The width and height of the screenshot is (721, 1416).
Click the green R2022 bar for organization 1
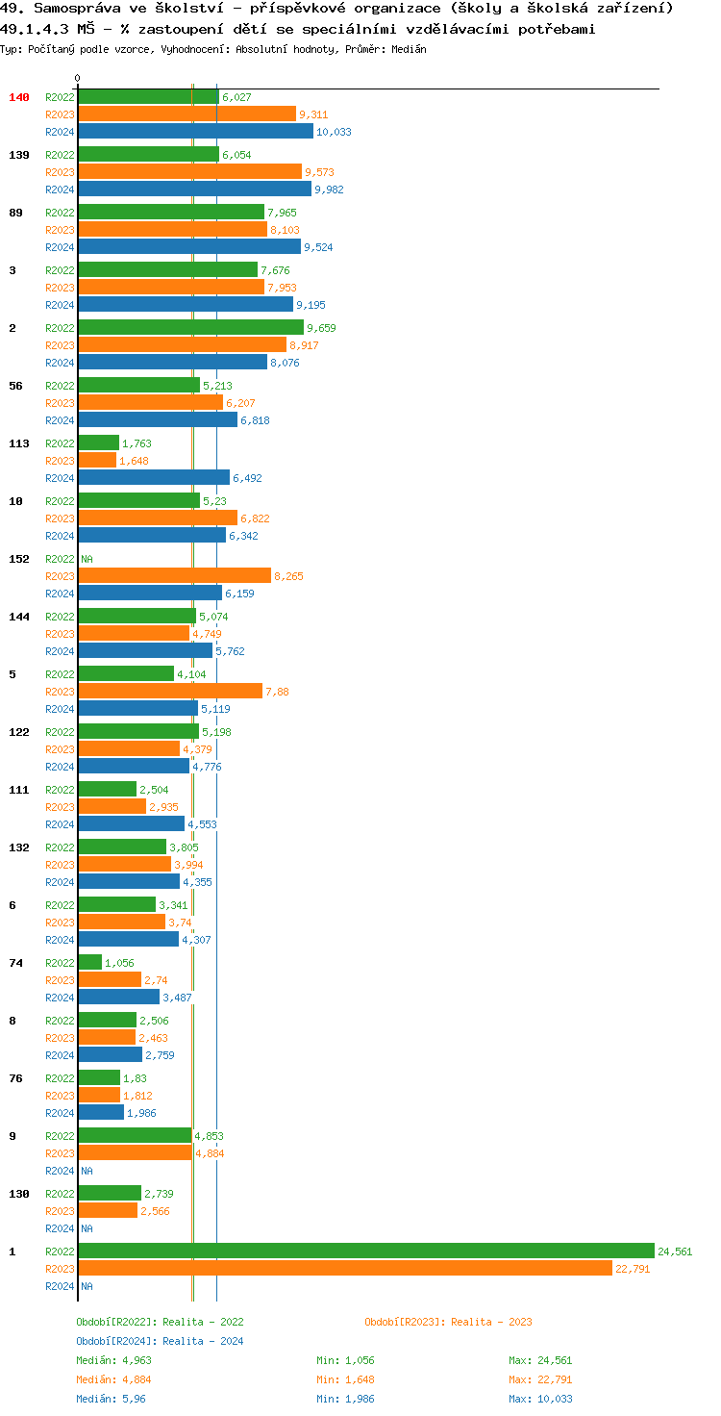click(x=365, y=1251)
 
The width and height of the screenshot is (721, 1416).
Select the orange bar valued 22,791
click(x=344, y=1268)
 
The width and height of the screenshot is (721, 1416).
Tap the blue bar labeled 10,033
click(x=195, y=131)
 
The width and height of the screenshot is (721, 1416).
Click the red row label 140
click(x=19, y=97)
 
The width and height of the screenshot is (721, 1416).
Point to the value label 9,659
click(x=321, y=328)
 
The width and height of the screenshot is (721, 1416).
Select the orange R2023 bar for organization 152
click(x=174, y=575)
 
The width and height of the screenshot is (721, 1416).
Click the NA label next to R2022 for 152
click(x=87, y=559)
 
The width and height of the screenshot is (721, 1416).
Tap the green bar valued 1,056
click(x=89, y=962)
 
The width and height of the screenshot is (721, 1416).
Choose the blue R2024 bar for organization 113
click(x=154, y=477)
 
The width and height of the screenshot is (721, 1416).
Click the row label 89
click(x=15, y=213)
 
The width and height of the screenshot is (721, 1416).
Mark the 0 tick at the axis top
click(x=78, y=78)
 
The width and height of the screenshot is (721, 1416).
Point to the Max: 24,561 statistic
click(x=540, y=1360)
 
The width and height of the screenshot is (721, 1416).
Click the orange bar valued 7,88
click(x=170, y=691)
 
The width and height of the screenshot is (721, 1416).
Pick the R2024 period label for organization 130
click(x=60, y=1228)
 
